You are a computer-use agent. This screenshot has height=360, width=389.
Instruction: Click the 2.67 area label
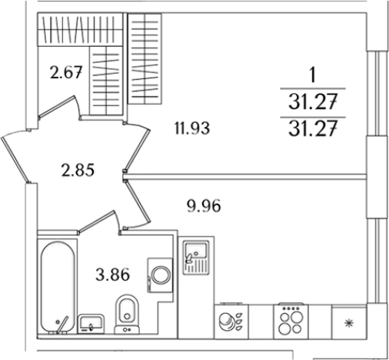click(x=66, y=72)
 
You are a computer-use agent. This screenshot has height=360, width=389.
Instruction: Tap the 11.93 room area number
click(x=192, y=128)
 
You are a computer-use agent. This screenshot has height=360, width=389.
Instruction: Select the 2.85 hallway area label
click(x=78, y=170)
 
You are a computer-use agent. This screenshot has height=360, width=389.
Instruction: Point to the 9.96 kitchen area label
click(x=204, y=205)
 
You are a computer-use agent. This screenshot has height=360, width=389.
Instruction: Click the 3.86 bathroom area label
click(x=113, y=275)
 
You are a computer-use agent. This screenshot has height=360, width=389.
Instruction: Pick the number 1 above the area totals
click(x=312, y=76)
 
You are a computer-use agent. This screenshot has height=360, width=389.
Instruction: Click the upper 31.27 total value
click(x=312, y=102)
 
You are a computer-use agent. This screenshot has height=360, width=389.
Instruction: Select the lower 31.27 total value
click(x=312, y=129)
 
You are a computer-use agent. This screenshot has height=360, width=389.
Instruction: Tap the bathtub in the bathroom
click(x=58, y=287)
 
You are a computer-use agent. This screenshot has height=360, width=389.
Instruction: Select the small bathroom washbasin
click(x=91, y=324)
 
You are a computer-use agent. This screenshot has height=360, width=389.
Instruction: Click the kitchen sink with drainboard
click(x=196, y=258)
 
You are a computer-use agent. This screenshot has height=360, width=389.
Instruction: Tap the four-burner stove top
click(x=291, y=322)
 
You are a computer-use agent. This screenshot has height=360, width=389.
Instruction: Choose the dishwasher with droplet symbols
click(x=231, y=322)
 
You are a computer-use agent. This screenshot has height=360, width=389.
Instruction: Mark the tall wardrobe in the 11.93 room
click(x=145, y=58)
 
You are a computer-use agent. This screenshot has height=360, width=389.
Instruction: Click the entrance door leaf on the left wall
click(x=15, y=159)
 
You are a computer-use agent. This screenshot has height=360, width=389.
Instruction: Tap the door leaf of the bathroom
click(x=97, y=222)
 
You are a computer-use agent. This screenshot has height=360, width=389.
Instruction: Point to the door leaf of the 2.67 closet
click(x=58, y=106)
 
